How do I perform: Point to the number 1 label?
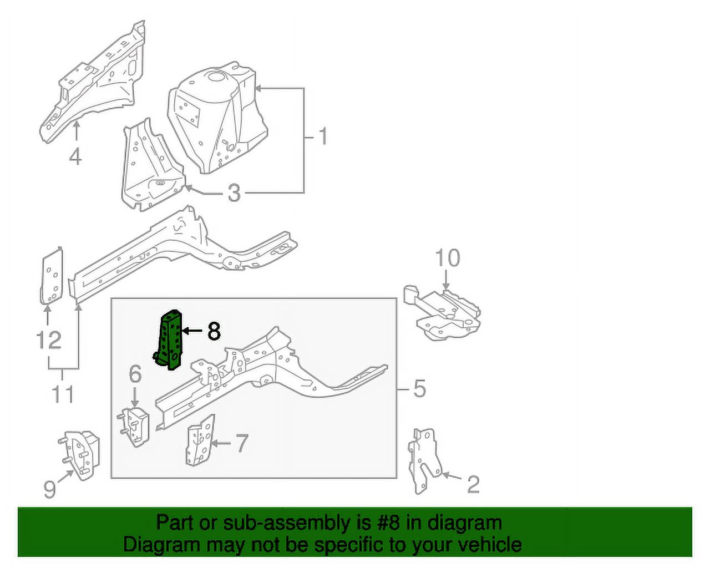(x=323, y=136)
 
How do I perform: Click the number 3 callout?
(x=234, y=192)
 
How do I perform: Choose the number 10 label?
(x=448, y=258)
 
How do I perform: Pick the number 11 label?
(x=63, y=394)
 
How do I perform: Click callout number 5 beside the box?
(x=419, y=388)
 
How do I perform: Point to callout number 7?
(x=241, y=443)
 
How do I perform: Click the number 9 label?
(x=50, y=489)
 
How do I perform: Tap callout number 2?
(x=473, y=484)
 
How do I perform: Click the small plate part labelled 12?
(x=52, y=275)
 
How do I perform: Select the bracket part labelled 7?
(x=200, y=440)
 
